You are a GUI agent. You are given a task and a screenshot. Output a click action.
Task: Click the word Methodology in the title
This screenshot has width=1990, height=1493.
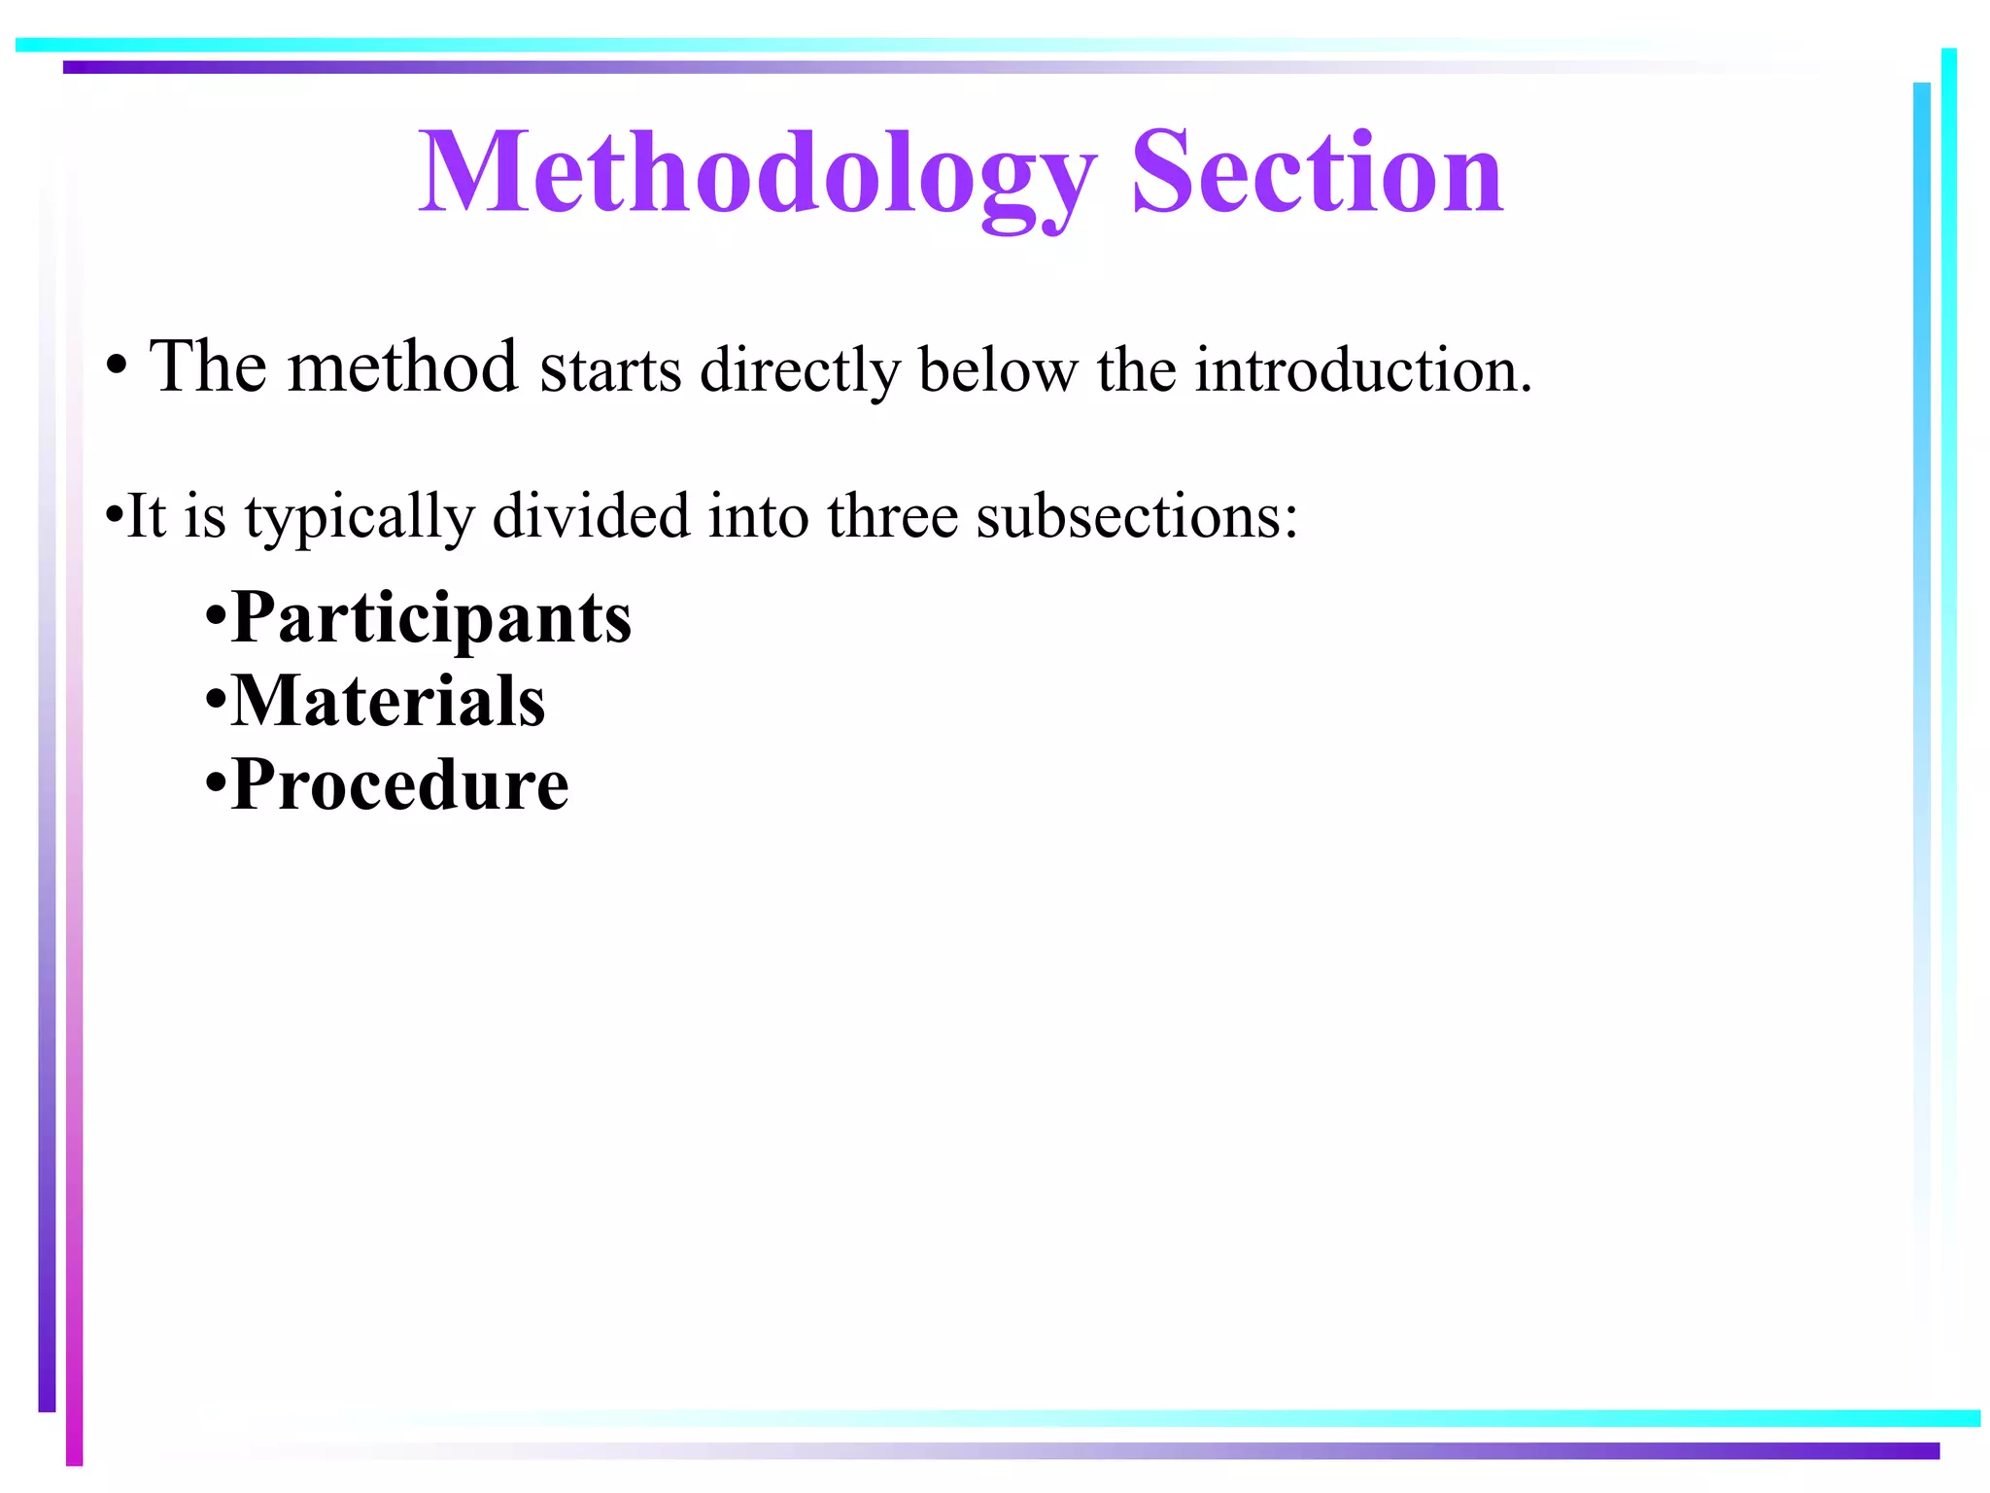tap(758, 175)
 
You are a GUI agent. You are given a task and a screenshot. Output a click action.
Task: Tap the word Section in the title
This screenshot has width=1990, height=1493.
tap(1318, 175)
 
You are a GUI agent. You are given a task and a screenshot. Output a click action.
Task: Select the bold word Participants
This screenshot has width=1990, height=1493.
tap(431, 619)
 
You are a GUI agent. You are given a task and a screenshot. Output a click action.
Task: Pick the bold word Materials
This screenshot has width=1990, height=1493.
tap(389, 702)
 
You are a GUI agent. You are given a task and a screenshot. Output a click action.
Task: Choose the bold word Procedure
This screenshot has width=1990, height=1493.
tap(400, 785)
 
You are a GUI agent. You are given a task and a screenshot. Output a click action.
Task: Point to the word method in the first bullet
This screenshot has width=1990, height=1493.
tap(402, 369)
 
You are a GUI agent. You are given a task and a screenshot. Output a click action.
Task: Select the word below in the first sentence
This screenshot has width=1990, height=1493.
tap(998, 371)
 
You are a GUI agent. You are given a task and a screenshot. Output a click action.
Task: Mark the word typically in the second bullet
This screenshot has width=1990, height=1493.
tap(360, 518)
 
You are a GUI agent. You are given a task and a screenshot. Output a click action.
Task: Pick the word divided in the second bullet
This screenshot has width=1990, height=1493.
tap(591, 516)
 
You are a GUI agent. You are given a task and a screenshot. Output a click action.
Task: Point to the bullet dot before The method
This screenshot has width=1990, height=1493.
tap(118, 369)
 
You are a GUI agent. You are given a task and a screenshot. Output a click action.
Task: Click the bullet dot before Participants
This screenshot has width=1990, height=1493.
tap(215, 619)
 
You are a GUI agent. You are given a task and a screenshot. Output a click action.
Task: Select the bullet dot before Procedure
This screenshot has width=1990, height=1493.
tap(215, 784)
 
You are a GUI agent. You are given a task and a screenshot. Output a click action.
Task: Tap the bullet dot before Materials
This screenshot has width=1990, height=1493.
tap(215, 702)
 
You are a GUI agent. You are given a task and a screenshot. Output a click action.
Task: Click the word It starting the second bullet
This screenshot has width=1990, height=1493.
tap(146, 516)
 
